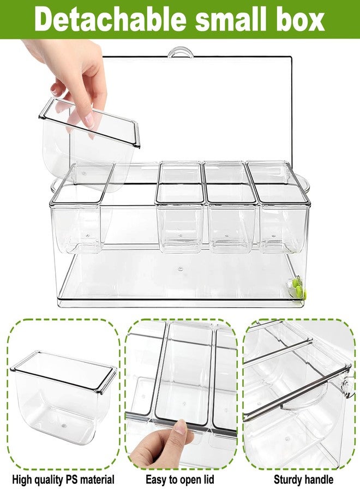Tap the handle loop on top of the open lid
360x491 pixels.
(180, 52)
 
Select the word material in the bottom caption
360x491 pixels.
(98, 480)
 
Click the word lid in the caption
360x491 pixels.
(207, 480)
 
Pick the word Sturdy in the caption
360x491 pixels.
(286, 480)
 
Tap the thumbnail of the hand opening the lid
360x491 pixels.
(181, 427)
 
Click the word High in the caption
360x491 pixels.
(21, 480)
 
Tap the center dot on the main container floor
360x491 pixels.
(180, 268)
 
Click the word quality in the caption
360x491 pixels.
(48, 480)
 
